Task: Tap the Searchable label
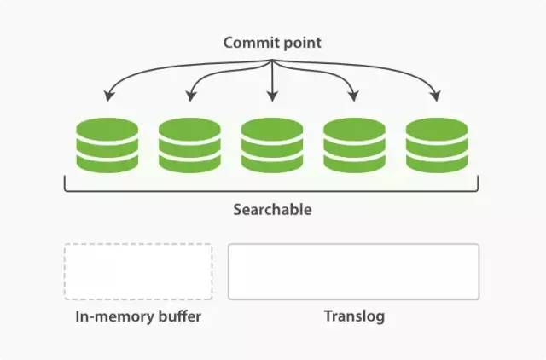pyautogui.click(x=272, y=210)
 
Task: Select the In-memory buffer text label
pyautogui.click(x=138, y=316)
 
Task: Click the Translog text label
pyautogui.click(x=354, y=316)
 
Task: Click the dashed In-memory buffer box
pyautogui.click(x=138, y=272)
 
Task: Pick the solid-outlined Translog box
pyautogui.click(x=354, y=272)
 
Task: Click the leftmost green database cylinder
pyautogui.click(x=107, y=145)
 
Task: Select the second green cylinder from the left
pyautogui.click(x=189, y=145)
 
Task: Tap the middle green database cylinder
pyautogui.click(x=272, y=145)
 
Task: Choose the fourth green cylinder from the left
pyautogui.click(x=355, y=145)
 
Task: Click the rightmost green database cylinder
pyautogui.click(x=437, y=145)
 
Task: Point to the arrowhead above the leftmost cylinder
pyautogui.click(x=109, y=96)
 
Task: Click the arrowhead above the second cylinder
pyautogui.click(x=190, y=96)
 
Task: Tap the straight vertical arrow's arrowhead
pyautogui.click(x=272, y=96)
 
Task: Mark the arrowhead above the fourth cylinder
pyautogui.click(x=354, y=96)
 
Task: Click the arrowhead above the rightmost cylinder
pyautogui.click(x=436, y=96)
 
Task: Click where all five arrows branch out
pyautogui.click(x=272, y=61)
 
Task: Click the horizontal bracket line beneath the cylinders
pyautogui.click(x=271, y=190)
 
